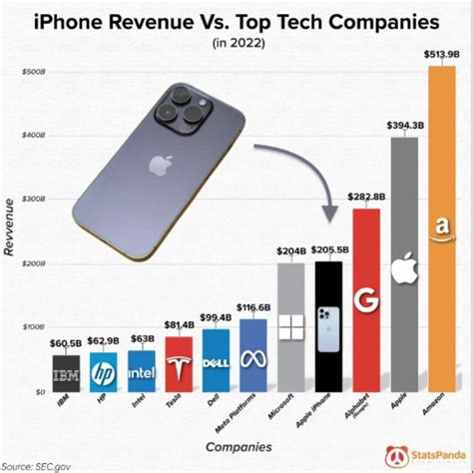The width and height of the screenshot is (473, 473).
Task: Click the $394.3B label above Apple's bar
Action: [403, 125]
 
